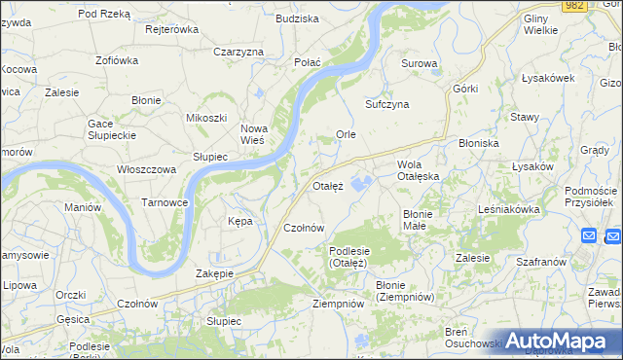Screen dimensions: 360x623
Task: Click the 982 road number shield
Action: (x=574, y=6)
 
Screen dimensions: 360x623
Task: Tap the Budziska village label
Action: (x=297, y=18)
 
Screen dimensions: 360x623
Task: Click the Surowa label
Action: (x=420, y=64)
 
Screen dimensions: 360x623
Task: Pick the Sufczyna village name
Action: (x=386, y=103)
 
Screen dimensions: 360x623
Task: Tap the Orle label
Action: (x=346, y=134)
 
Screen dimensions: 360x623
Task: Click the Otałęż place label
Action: (x=328, y=185)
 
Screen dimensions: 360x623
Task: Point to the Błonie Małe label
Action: (x=422, y=219)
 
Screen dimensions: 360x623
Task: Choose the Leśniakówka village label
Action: (x=508, y=209)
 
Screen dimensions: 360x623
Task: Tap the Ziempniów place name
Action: (x=338, y=304)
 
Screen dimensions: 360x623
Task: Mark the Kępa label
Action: (x=239, y=221)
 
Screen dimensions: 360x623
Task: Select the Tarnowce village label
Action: (x=165, y=202)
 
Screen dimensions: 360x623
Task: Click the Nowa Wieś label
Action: (x=253, y=134)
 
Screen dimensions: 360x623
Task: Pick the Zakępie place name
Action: (x=215, y=273)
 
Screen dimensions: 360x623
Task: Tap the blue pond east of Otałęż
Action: (x=362, y=182)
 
